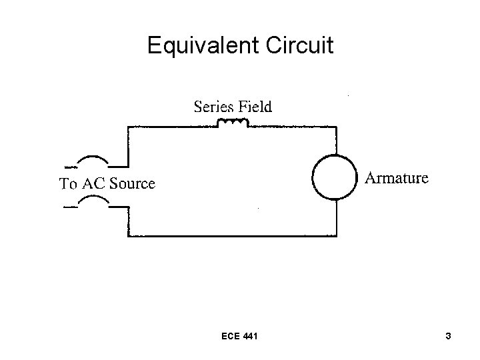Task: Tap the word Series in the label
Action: point(213,106)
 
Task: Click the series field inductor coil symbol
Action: point(233,123)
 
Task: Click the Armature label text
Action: point(397,178)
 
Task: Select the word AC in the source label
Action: point(91,184)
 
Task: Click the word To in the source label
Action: point(68,184)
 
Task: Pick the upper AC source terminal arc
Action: point(93,161)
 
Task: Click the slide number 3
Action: point(449,337)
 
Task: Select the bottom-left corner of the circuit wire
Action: point(128,236)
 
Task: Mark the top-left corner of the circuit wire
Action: point(128,127)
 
